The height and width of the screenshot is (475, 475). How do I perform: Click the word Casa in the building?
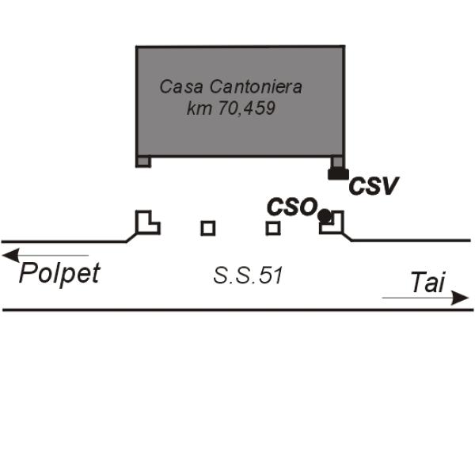[x=181, y=86]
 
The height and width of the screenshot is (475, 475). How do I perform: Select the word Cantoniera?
[x=256, y=86]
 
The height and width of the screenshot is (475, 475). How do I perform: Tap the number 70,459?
[x=247, y=108]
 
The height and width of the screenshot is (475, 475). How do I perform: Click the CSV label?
[x=373, y=186]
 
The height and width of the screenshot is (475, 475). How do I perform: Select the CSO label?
[x=292, y=207]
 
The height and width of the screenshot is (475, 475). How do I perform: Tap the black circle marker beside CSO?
[x=325, y=215]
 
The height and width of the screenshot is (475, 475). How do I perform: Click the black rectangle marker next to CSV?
[x=338, y=174]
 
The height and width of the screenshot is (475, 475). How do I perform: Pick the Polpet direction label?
[x=59, y=274]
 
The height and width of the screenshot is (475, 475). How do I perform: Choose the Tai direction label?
[x=427, y=283]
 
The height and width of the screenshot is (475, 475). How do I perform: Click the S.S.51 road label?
[x=248, y=275]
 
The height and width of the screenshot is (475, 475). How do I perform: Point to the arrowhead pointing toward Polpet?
[x=11, y=255]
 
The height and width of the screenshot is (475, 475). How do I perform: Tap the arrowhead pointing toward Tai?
[x=459, y=298]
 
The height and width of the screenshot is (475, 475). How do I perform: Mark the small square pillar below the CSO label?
[x=273, y=228]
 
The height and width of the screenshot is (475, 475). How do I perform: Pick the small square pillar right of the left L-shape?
[x=208, y=228]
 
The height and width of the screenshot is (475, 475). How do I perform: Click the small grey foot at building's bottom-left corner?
[x=143, y=161]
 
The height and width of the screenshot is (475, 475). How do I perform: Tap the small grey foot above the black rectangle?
[x=337, y=162]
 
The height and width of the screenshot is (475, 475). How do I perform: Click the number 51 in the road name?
[x=271, y=275]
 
